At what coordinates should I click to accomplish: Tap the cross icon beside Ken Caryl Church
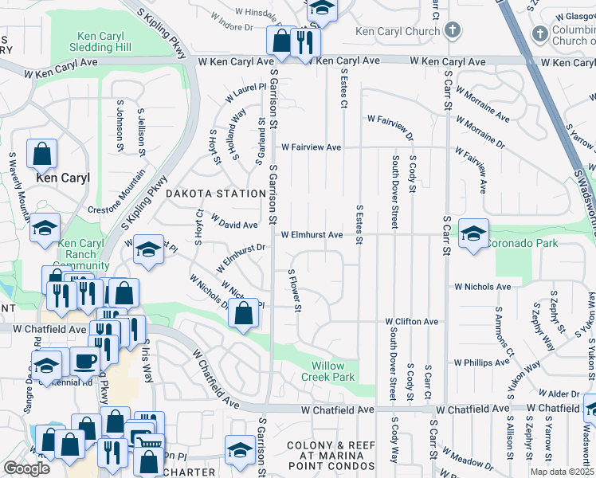(453, 31)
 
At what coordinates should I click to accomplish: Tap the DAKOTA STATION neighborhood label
(215, 194)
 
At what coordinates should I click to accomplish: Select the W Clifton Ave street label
(411, 322)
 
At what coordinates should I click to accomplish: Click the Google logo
(26, 468)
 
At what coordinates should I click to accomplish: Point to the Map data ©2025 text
(562, 472)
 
